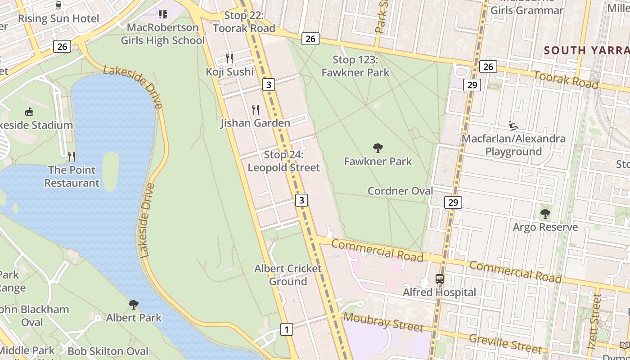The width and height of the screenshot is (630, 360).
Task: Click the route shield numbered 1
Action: (286, 329)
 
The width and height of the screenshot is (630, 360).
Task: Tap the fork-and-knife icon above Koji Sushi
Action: (229, 58)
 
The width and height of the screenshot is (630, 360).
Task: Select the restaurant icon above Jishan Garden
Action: (256, 109)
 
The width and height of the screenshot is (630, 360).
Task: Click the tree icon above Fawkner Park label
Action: (378, 148)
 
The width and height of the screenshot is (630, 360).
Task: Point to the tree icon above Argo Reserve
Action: (545, 213)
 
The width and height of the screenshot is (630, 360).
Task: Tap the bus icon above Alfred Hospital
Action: (440, 279)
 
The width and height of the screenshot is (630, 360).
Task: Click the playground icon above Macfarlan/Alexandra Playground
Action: (513, 125)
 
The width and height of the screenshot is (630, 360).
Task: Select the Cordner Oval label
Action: (400, 191)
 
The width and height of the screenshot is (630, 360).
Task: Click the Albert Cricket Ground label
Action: (288, 275)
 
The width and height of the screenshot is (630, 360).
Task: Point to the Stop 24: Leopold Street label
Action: (283, 161)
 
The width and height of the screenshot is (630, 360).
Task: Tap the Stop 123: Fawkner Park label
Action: (355, 66)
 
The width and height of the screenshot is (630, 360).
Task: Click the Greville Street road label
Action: (505, 343)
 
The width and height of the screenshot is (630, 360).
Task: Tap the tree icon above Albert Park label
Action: (134, 305)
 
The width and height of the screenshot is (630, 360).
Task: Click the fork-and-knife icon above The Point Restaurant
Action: (72, 157)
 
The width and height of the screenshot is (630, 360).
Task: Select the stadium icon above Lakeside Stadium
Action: (29, 112)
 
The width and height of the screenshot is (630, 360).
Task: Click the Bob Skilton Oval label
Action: (108, 351)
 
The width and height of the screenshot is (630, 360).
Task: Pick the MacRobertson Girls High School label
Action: (163, 34)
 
